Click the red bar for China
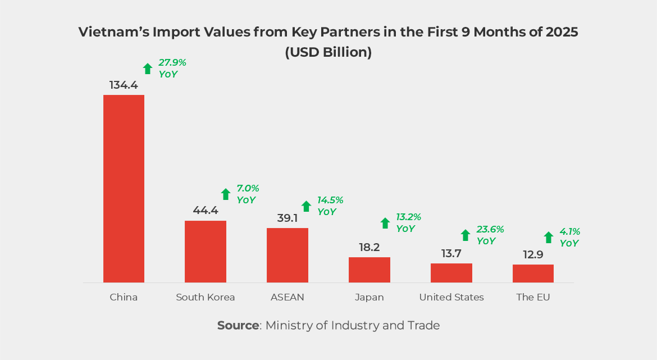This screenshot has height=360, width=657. (124, 188)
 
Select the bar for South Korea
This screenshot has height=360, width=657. (206, 251)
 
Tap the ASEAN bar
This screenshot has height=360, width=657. (288, 255)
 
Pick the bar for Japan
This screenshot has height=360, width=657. (369, 270)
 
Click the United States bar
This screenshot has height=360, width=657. (451, 272)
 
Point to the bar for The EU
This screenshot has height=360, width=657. (533, 273)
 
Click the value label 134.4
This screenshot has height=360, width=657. (124, 85)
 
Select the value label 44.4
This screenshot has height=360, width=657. (206, 211)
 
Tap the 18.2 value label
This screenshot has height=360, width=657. (369, 248)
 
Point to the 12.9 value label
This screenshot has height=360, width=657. (533, 255)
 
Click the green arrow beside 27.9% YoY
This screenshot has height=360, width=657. (148, 69)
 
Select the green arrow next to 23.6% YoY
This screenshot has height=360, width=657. (466, 235)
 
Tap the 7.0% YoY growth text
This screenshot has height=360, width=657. (248, 194)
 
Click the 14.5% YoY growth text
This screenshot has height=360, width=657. (330, 206)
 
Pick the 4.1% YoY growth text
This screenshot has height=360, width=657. (569, 237)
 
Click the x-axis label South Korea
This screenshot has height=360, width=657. (206, 297)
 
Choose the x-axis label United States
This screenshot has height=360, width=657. (451, 297)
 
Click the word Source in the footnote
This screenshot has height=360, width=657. (238, 325)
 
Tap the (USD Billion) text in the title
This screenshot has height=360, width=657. (328, 52)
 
